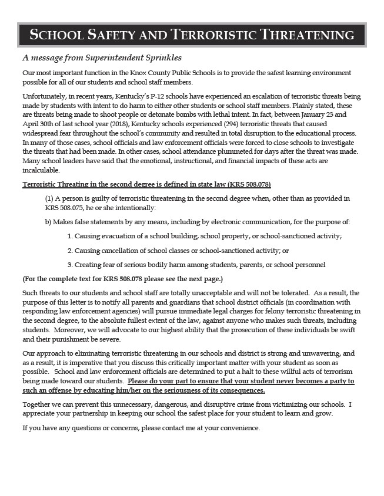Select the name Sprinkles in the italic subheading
(x=159, y=58)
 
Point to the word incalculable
(x=41, y=170)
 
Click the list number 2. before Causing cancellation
(x=69, y=251)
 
